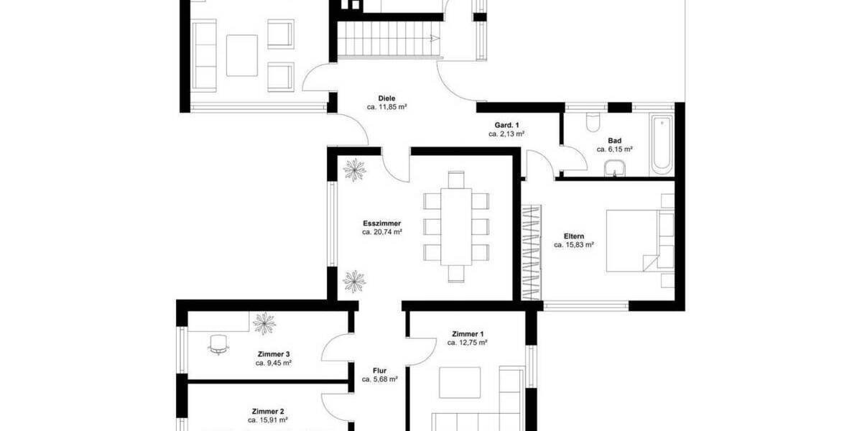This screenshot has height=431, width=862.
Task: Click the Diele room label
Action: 387,98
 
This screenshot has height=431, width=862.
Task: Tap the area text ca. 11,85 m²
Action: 387,107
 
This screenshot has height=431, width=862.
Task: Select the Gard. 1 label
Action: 506,125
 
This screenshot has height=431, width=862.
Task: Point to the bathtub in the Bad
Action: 662,144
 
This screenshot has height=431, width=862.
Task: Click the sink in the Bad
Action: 614,168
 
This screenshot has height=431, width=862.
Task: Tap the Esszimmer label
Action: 381,223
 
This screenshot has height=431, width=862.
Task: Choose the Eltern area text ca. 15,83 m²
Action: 573,245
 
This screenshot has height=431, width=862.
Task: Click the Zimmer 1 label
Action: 468,334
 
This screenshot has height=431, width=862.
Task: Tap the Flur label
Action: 380,371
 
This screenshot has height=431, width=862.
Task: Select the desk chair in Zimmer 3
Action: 219,345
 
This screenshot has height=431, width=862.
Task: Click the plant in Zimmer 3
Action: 264,323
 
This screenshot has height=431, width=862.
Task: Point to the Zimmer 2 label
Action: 268,411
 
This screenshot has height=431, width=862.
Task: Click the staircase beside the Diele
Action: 388,40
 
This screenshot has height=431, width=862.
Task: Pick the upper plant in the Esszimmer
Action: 354,170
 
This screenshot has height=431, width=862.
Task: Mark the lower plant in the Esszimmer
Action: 354,281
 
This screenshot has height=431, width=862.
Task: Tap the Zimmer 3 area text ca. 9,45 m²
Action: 273,363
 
